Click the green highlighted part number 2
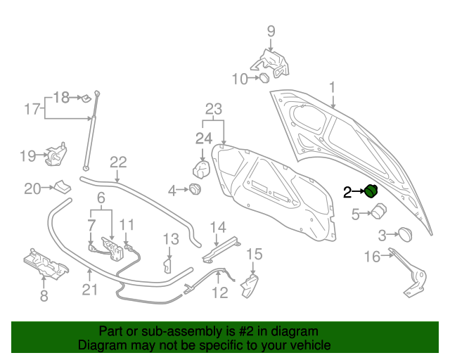tap(371, 191)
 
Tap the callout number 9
tap(271, 31)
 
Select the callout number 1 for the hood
tap(333, 88)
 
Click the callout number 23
tap(213, 109)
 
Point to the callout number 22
tap(117, 162)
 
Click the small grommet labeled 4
tap(195, 189)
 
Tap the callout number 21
tap(89, 290)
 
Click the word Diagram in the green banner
tap(102, 346)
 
